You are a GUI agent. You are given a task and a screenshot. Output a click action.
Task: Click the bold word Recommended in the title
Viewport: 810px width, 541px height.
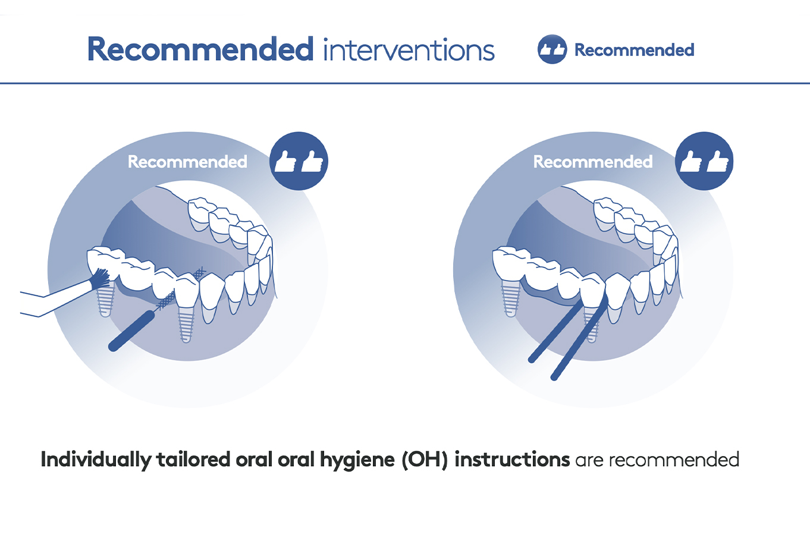[200, 49]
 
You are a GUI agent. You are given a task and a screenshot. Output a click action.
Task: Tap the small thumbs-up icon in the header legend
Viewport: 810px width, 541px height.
[552, 49]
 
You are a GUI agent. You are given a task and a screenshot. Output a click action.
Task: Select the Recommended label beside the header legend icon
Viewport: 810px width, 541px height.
[634, 50]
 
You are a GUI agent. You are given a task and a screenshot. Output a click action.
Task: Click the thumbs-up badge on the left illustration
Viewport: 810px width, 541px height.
[299, 161]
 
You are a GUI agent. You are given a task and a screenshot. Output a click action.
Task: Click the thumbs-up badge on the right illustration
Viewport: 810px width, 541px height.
[704, 161]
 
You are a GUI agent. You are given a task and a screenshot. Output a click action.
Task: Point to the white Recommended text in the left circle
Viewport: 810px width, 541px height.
[187, 162]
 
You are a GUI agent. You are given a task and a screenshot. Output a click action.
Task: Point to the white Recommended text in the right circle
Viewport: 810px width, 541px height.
[593, 162]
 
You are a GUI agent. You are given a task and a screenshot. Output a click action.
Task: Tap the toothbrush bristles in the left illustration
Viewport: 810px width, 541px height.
[99, 279]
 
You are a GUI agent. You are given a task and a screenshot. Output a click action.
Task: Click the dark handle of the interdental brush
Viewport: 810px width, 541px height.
[131, 331]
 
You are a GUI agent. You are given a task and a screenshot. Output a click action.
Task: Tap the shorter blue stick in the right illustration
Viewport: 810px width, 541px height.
[555, 331]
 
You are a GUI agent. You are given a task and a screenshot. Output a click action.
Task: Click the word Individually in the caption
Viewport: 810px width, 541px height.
[96, 460]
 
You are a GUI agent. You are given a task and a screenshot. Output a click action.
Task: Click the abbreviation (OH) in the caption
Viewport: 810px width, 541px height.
[425, 460]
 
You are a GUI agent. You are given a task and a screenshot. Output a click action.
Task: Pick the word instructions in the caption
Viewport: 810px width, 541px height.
[512, 460]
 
